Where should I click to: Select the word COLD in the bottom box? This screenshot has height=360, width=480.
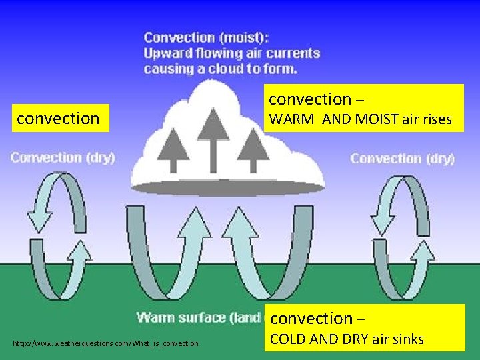[287, 339]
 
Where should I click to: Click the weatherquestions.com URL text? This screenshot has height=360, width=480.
[105, 343]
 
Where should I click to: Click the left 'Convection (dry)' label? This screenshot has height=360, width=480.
[63, 158]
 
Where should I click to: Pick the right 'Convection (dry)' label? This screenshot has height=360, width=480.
[403, 159]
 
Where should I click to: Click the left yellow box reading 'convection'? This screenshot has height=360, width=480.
[58, 119]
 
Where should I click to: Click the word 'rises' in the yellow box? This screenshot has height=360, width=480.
[436, 121]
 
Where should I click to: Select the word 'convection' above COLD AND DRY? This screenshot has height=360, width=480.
[311, 318]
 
